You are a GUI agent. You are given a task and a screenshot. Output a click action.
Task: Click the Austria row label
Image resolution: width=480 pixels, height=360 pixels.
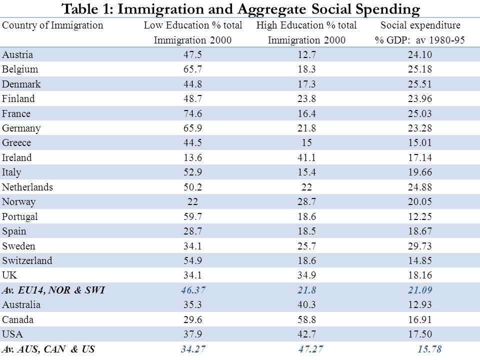click(x=17, y=54)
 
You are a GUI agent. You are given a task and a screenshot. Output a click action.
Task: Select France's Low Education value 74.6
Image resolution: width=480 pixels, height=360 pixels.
click(x=192, y=113)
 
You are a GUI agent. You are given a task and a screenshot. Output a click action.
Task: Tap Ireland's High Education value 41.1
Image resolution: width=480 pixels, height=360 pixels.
click(x=306, y=157)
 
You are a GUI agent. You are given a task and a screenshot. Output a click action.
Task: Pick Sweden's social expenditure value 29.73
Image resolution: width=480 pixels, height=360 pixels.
click(x=419, y=246)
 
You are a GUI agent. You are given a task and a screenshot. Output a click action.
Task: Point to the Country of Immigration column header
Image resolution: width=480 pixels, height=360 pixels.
click(x=52, y=25)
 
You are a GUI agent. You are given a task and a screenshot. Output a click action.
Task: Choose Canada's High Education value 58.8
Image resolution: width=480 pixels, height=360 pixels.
click(x=306, y=319)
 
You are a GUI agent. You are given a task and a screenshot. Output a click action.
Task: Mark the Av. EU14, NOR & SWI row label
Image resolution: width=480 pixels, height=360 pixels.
click(x=53, y=290)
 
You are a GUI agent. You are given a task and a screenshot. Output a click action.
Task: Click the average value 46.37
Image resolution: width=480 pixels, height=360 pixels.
click(x=193, y=290)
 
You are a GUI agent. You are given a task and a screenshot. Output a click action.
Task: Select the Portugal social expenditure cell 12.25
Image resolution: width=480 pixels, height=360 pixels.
click(x=419, y=216)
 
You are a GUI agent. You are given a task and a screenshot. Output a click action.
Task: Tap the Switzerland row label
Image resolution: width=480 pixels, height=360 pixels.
click(x=27, y=260)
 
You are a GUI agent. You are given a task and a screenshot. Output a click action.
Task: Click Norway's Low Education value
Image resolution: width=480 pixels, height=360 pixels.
click(x=192, y=201)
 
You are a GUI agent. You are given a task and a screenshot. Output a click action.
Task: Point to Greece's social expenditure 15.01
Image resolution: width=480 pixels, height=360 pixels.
click(x=419, y=142)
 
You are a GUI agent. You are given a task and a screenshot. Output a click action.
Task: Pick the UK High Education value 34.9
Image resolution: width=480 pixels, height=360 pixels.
click(x=306, y=275)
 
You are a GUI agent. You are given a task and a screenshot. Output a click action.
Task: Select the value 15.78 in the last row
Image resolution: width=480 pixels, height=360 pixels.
click(x=429, y=349)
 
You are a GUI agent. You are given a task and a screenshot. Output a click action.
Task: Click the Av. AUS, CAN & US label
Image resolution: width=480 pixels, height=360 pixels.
click(x=48, y=349)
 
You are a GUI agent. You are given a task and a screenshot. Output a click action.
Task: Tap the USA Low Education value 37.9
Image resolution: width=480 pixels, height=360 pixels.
click(x=192, y=334)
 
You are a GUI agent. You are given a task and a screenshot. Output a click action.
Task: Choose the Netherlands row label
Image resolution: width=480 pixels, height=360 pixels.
click(x=27, y=187)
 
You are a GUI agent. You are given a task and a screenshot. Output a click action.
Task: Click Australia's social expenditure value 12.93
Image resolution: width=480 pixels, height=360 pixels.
click(x=419, y=304)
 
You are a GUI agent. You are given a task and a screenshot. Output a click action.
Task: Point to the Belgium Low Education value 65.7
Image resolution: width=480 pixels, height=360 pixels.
click(x=192, y=69)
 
